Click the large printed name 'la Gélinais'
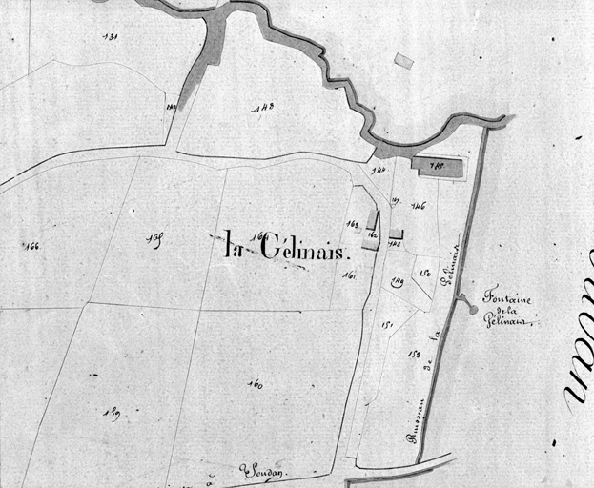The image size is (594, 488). [x=289, y=247]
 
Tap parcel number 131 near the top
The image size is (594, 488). [x=110, y=36]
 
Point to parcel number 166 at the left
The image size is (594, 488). [x=31, y=246]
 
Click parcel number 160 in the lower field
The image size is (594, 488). [x=255, y=384]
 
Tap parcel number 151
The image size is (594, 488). [x=387, y=324]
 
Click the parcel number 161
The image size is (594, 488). [x=350, y=276]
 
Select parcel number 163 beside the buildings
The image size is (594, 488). [x=352, y=225]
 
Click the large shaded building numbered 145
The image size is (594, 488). [x=438, y=167]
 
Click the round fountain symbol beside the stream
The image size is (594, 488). [x=473, y=309]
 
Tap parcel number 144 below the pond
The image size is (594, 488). [x=379, y=172]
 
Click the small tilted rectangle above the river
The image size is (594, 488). [x=403, y=61]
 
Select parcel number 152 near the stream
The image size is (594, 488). [x=414, y=355]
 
